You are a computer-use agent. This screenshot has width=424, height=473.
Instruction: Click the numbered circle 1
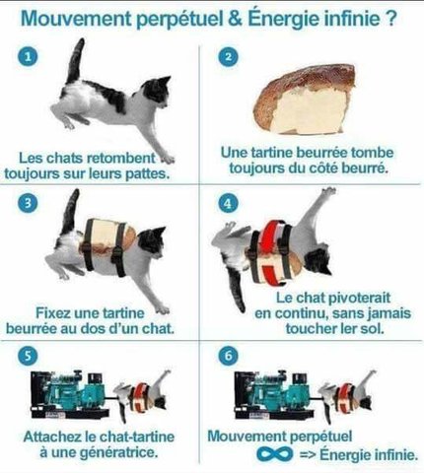[28, 56]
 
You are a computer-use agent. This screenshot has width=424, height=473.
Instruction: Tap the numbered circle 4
[228, 204]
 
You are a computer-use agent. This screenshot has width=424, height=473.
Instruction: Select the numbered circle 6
[228, 356]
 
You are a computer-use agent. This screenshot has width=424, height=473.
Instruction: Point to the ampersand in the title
[236, 19]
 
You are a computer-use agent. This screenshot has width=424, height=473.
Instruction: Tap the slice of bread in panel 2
[305, 100]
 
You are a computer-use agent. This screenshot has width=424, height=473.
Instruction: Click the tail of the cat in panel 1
[76, 61]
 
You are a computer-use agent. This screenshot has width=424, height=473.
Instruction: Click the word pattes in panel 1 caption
[148, 173]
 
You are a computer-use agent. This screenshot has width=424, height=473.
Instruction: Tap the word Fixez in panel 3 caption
[52, 312]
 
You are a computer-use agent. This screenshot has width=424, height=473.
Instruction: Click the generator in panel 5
[70, 394]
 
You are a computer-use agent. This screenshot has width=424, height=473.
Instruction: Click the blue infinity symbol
[275, 454]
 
